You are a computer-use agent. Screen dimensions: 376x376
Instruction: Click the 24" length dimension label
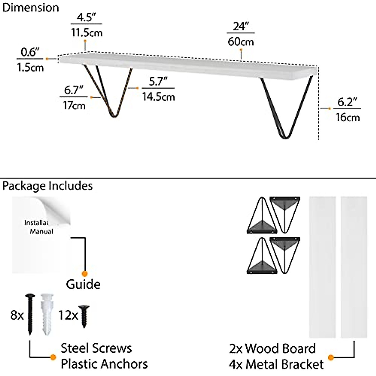[241, 26]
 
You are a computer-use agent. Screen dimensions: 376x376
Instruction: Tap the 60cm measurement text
[241, 42]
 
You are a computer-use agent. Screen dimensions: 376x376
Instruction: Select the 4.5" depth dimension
[86, 17]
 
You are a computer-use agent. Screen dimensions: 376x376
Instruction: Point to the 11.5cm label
[86, 32]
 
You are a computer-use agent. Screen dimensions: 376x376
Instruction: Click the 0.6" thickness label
[30, 52]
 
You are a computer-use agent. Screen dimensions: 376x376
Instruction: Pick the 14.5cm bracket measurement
[159, 97]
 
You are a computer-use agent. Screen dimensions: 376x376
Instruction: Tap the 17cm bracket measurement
[74, 106]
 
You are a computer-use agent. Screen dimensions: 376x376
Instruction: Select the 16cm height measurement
[347, 118]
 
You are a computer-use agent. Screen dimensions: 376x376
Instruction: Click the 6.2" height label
[347, 102]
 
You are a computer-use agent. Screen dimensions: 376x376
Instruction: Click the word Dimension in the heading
[31, 8]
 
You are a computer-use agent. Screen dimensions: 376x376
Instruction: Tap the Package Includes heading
[47, 186]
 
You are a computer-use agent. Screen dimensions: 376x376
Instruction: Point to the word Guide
[83, 284]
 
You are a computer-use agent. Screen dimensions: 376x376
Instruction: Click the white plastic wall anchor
[47, 314]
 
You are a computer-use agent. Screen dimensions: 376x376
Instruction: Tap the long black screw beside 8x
[30, 315]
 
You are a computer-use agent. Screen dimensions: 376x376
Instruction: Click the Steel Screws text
[96, 348]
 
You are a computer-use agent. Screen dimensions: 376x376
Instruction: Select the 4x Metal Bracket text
[276, 364]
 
